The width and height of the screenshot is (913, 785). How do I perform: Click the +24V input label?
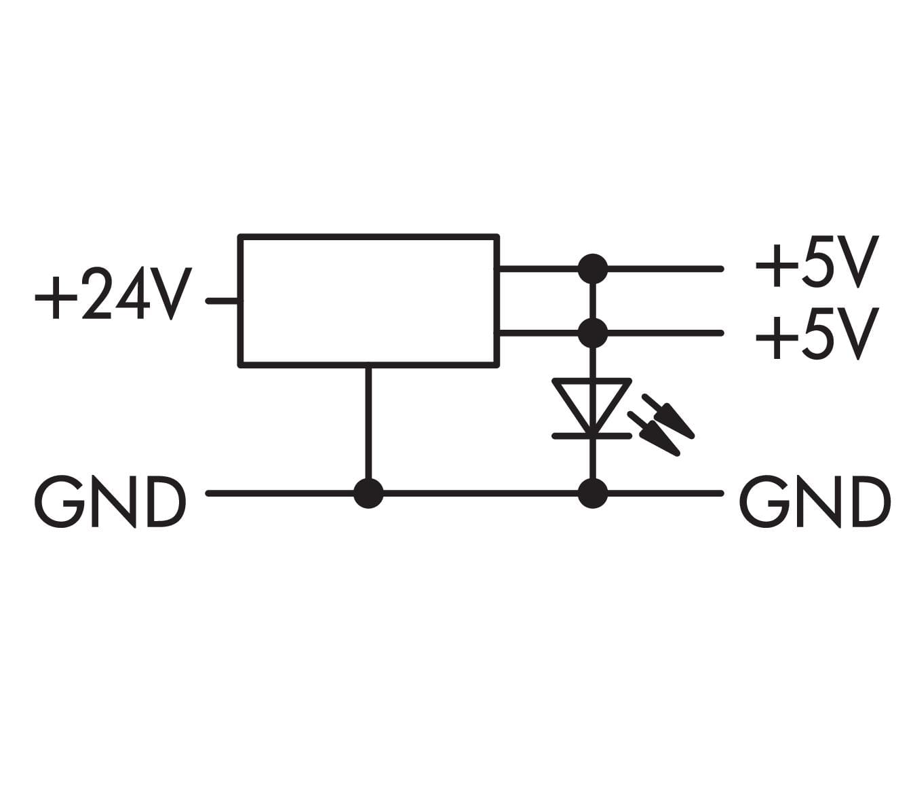pos(113,294)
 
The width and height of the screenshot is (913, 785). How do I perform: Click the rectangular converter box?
pos(368,301)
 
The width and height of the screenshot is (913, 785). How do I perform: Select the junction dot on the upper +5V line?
pos(593,269)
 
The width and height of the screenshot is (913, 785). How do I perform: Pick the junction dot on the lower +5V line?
pos(593,332)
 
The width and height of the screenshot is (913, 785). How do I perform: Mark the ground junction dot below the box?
pos(368,493)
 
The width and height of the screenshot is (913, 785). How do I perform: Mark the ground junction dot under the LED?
pos(593,493)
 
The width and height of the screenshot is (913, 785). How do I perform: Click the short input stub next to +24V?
pos(222,300)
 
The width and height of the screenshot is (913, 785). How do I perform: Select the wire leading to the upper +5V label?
pos(665,269)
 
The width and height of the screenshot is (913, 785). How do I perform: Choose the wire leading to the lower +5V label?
pos(665,332)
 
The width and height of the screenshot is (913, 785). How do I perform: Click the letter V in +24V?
pos(170,294)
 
